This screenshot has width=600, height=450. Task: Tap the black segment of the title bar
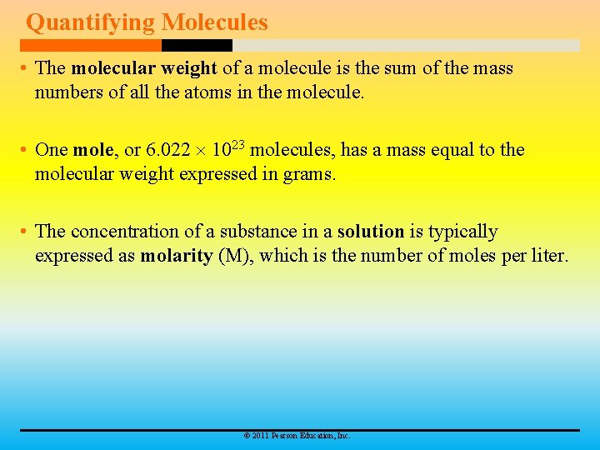click(x=197, y=45)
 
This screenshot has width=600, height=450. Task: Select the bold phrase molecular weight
click(x=144, y=68)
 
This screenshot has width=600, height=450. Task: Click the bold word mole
click(x=94, y=150)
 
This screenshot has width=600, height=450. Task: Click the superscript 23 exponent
click(x=237, y=145)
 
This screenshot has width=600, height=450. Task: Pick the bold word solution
click(x=370, y=232)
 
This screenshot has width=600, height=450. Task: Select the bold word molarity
click(x=176, y=256)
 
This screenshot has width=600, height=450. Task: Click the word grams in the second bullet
click(x=309, y=174)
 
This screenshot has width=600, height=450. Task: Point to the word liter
click(x=548, y=256)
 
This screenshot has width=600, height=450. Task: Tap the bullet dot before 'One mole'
click(x=26, y=151)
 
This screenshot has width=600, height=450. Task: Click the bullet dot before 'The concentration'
click(x=26, y=232)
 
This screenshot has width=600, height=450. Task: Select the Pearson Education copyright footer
click(x=297, y=436)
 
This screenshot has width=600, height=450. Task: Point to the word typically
click(x=462, y=232)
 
